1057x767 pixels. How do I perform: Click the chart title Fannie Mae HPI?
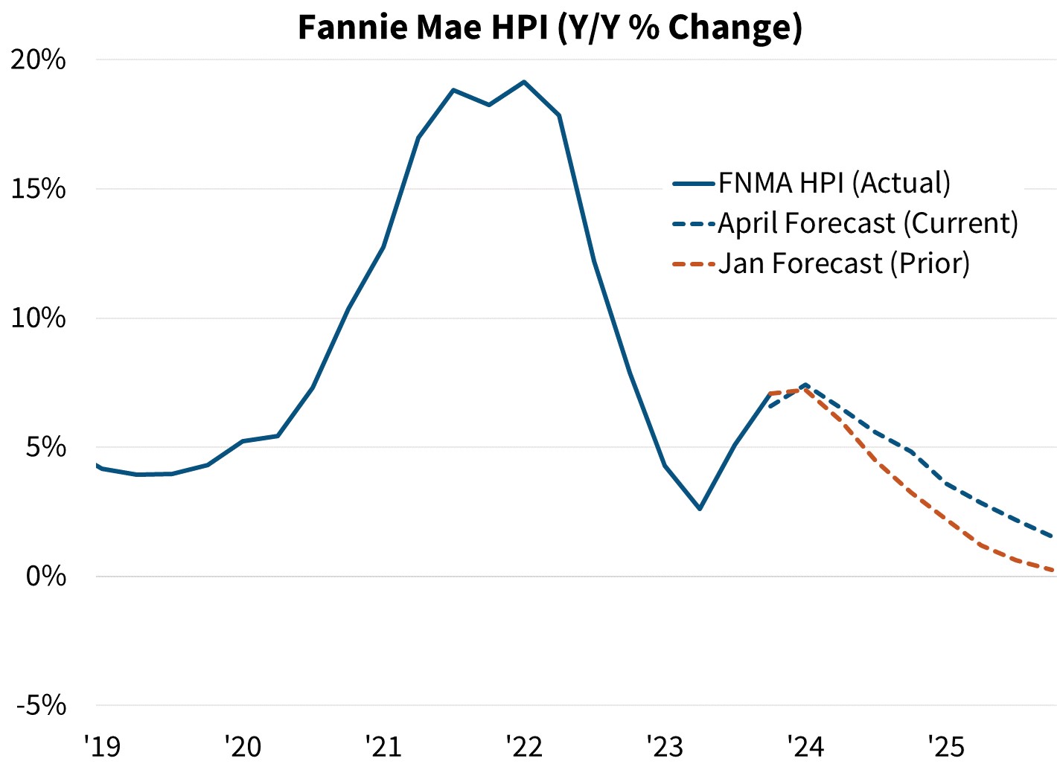pos(549,28)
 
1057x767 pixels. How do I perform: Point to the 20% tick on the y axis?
pos(38,60)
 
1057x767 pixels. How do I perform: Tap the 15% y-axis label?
pos(38,189)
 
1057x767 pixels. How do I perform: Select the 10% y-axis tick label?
pos(38,318)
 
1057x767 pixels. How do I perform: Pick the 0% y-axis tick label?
pos(45,577)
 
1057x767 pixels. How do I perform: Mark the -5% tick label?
pos(41,705)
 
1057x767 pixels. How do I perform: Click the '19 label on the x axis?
pos(102,745)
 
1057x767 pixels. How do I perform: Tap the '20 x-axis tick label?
pos(243,745)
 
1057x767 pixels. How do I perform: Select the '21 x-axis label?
pos(383,745)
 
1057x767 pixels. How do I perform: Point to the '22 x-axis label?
pos(523,745)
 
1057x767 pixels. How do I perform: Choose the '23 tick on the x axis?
pos(664,745)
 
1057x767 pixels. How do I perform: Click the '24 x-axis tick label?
pos(805,745)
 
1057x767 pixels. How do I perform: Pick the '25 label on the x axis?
pos(945,745)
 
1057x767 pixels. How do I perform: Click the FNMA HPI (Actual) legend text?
pos(834,183)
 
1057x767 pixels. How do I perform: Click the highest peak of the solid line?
pos(524,82)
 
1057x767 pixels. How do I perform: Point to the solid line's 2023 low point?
pos(700,509)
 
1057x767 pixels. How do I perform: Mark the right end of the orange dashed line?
pos(1053,571)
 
